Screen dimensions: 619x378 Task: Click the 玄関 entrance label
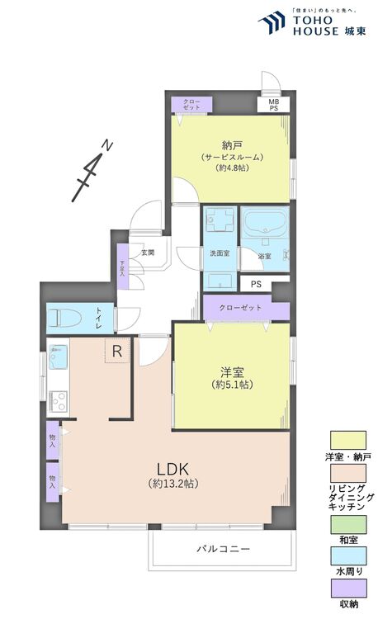(x=148, y=253)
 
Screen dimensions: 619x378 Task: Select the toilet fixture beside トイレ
(x=65, y=317)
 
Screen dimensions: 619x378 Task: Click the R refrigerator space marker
(x=117, y=352)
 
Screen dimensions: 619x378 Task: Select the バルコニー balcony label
(x=222, y=549)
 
